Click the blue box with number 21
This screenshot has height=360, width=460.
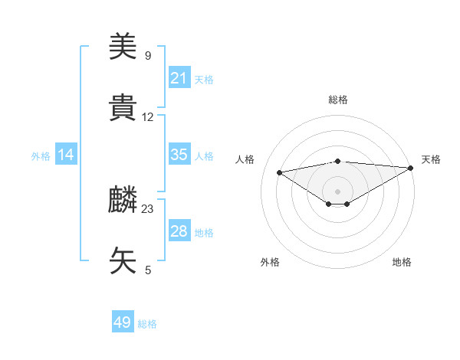click(x=179, y=77)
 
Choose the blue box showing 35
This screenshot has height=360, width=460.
click(x=179, y=155)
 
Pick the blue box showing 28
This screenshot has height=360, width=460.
click(x=179, y=231)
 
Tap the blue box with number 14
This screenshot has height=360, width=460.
click(x=66, y=155)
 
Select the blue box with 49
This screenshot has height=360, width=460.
click(x=123, y=322)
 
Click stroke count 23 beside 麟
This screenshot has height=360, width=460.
click(x=148, y=208)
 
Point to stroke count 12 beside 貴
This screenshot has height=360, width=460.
click(x=148, y=117)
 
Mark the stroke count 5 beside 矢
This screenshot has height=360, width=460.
click(x=148, y=270)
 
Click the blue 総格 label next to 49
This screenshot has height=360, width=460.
click(x=147, y=324)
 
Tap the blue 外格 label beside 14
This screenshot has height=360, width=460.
click(x=41, y=155)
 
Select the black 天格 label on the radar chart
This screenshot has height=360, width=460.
click(x=431, y=159)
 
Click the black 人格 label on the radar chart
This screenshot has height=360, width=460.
click(x=245, y=159)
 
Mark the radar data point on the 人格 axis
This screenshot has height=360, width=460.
click(x=279, y=172)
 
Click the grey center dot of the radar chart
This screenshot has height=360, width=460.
click(x=337, y=191)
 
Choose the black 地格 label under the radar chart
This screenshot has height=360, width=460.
click(x=402, y=262)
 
